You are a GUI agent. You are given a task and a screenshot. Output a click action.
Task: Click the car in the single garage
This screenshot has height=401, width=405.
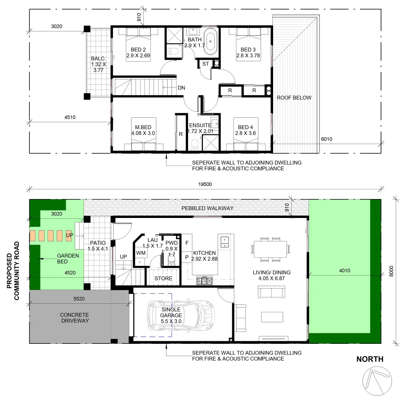coord(181,315)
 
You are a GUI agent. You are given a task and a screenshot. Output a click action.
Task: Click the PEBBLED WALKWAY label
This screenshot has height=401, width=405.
coord(207,208)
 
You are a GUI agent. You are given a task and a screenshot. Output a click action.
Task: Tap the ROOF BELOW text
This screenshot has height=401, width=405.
coord(294,98)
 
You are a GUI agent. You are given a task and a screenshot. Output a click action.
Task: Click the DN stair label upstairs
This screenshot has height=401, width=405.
coord(181,88)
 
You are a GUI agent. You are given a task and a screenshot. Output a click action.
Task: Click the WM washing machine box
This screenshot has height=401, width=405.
coord(141,253)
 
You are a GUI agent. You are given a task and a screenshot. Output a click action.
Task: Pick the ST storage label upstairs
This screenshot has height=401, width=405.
coord(205,64)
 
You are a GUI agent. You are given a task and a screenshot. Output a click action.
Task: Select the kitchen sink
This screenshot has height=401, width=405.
coord(224,242)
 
